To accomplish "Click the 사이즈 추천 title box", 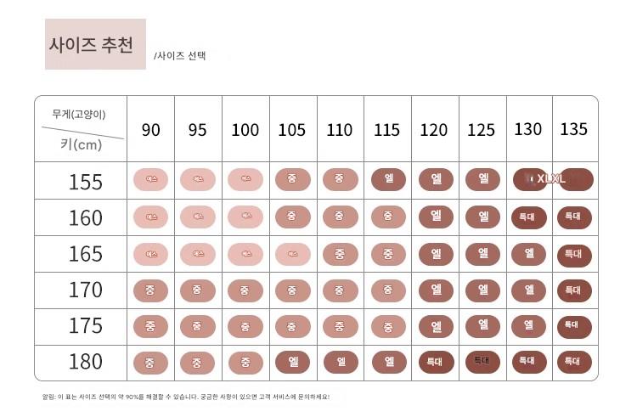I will tap(95, 44).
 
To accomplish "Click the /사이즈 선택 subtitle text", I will tap(179, 56).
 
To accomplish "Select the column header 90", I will tap(150, 130).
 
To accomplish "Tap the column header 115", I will tap(386, 130).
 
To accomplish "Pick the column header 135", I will tap(573, 129).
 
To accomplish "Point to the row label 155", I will tap(85, 182).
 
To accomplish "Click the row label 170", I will tap(85, 290).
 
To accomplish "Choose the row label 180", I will tap(85, 362).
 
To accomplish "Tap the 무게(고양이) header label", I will tap(79, 114).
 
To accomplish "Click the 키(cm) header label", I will tap(81, 144).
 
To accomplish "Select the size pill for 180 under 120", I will tap(436, 361).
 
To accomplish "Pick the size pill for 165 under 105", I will tap(292, 253).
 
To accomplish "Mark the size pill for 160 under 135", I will tap(574, 217).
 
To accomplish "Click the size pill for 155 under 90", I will tap(151, 180).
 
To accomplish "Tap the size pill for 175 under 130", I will tap(528, 324).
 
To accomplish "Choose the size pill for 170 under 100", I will tap(245, 290).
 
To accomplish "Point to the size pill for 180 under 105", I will tap(292, 361).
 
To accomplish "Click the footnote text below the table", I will tap(185, 397).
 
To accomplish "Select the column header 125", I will tap(481, 130).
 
